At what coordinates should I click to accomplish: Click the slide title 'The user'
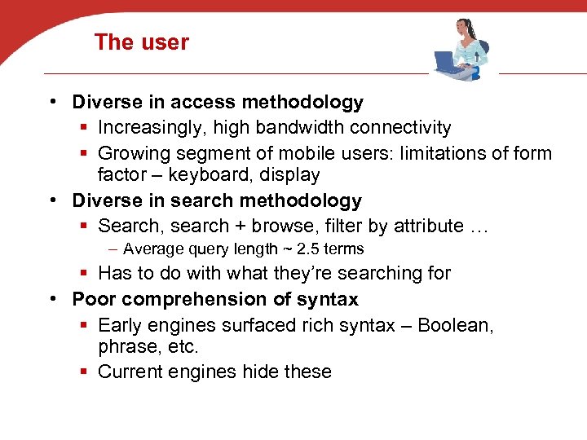(x=141, y=42)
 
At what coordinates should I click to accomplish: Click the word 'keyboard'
(x=221, y=174)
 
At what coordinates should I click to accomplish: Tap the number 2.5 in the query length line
(x=307, y=249)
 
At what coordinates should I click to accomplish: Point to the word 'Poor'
(x=93, y=299)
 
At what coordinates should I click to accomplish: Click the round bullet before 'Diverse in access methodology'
(x=51, y=103)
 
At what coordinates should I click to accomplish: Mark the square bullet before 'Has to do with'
(x=86, y=274)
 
